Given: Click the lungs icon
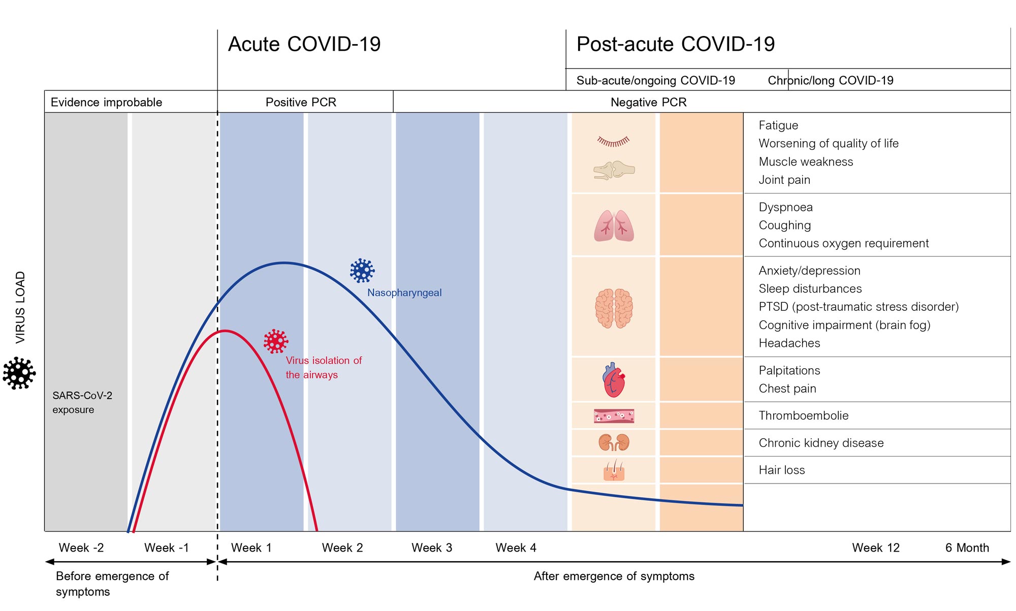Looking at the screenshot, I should [x=614, y=226].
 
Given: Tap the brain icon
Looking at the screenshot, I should [x=614, y=308].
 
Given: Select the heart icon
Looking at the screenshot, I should [x=614, y=380].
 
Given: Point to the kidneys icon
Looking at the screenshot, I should [x=614, y=442].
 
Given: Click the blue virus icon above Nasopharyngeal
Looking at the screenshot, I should [x=362, y=270].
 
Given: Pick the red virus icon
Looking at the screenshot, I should [x=276, y=341].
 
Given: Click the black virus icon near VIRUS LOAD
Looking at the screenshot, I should [x=19, y=373].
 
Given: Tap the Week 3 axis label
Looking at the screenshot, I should [x=432, y=548].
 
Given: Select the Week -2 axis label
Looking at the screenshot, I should [x=81, y=548].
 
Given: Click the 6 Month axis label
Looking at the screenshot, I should [x=967, y=548].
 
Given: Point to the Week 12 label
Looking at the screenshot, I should [x=876, y=548].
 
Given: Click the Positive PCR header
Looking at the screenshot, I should [x=301, y=102].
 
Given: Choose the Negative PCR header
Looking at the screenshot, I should [x=648, y=102].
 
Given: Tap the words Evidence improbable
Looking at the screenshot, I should [x=106, y=102].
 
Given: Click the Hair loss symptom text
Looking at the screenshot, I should [x=782, y=470].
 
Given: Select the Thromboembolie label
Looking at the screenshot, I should [x=804, y=415].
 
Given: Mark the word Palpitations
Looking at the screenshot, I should [x=789, y=370].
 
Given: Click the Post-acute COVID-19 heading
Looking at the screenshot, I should [x=676, y=44].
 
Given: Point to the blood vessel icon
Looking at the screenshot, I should [x=614, y=416].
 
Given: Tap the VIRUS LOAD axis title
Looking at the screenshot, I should [x=20, y=307].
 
